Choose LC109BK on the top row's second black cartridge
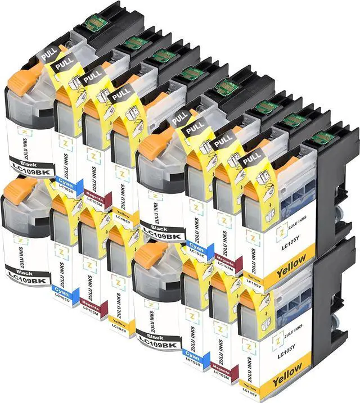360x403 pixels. point(161,232)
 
